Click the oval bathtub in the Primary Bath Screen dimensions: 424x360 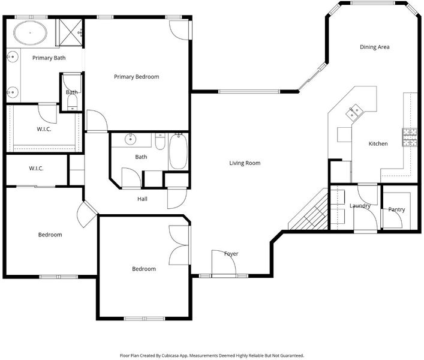(x=30, y=33)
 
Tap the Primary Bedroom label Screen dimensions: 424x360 (x=137, y=77)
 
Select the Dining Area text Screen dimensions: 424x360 (x=374, y=47)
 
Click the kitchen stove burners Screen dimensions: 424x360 (x=410, y=137)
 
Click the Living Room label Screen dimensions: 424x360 (x=245, y=163)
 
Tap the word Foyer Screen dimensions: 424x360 (x=231, y=254)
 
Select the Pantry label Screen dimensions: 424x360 (x=396, y=209)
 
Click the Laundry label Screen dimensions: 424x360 (x=360, y=206)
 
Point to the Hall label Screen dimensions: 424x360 (x=142, y=199)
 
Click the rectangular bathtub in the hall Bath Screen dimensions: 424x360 (x=178, y=151)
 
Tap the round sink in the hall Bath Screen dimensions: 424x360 (x=131, y=139)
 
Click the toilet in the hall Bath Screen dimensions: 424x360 (x=160, y=142)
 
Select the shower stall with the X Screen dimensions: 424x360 (x=70, y=32)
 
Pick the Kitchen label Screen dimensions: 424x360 (x=378, y=143)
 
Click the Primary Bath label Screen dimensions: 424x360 (x=49, y=58)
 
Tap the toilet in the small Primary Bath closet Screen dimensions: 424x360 (x=72, y=103)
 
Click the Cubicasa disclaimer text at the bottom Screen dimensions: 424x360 (x=212, y=355)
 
